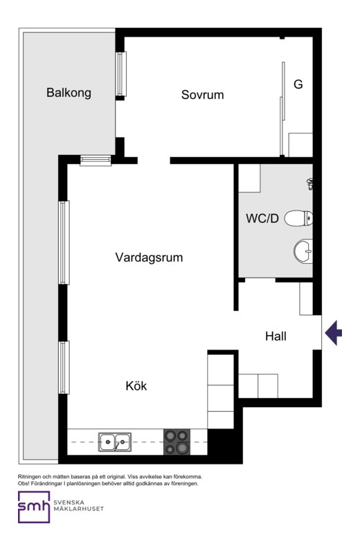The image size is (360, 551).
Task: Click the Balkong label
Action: [69, 93]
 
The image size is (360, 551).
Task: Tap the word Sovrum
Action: [202, 95]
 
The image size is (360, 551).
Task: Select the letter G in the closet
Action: [298, 84]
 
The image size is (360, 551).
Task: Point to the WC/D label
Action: [262, 218]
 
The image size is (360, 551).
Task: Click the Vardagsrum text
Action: [149, 258]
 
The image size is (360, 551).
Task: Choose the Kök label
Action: [136, 386]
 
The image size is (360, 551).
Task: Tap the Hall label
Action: [276, 336]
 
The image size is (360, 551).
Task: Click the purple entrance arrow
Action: [333, 333]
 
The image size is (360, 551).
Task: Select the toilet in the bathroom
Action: [298, 219]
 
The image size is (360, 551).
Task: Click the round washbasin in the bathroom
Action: [303, 251]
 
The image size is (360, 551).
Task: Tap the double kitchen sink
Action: [115, 442]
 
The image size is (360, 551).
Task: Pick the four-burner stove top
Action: [177, 442]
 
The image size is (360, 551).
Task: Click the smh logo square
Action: [34, 507]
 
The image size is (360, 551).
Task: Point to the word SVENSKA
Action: [69, 502]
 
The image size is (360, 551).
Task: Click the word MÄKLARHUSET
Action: [79, 509]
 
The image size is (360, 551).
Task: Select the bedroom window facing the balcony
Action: [121, 74]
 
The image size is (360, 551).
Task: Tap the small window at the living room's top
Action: [96, 161]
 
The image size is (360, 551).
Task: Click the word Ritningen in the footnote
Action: [29, 477]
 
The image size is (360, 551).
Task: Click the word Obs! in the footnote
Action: [23, 484]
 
